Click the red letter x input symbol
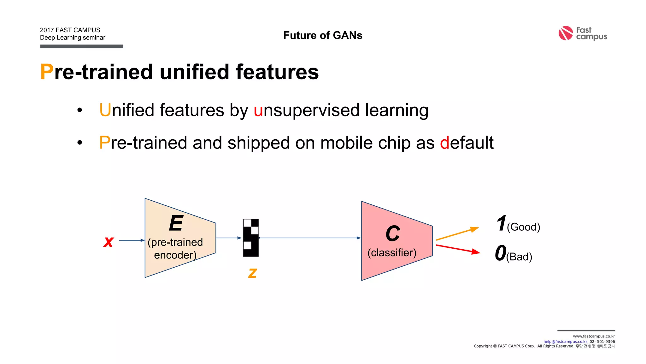point(109,242)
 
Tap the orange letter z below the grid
point(252,273)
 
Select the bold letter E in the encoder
point(176,223)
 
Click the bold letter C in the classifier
point(393,234)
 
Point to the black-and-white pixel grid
point(251,238)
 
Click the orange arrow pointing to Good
point(457,234)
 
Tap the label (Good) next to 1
point(523,227)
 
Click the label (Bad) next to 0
point(519,257)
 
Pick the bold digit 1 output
point(501,223)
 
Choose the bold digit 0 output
point(501,253)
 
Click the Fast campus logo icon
point(566,33)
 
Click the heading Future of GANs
point(323,35)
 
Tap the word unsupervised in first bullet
point(307,110)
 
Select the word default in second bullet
point(467,143)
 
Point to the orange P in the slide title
point(47,72)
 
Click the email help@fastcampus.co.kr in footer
point(565,342)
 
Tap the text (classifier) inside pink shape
point(392,252)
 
